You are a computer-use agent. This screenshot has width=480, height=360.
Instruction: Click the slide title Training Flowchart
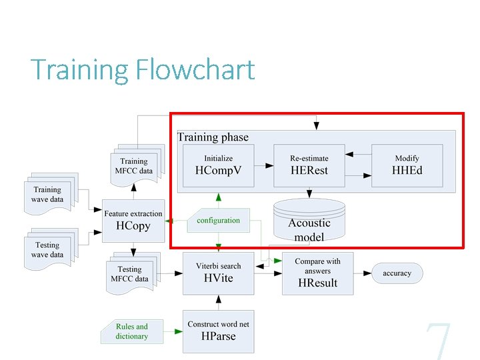click(143, 70)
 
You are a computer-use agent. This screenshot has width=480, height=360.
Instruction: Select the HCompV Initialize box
click(218, 165)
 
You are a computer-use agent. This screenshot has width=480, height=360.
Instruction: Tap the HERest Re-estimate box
click(309, 165)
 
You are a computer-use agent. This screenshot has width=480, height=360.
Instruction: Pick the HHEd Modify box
click(407, 165)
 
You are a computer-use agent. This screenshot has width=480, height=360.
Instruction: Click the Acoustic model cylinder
click(309, 220)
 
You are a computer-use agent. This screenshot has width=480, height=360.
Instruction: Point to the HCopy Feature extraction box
click(133, 220)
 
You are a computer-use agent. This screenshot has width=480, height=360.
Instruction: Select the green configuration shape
click(217, 221)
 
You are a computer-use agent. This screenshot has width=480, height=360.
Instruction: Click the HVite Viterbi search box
click(218, 273)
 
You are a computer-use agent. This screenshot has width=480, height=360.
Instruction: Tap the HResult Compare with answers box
click(317, 273)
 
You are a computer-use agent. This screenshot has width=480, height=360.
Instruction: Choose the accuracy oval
click(397, 273)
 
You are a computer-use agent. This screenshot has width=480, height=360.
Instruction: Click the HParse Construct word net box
click(218, 331)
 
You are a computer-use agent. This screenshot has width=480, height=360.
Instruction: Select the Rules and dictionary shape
click(133, 331)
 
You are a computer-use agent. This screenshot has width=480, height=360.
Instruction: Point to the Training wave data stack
click(49, 193)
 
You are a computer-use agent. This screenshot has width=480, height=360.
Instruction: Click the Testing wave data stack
click(49, 249)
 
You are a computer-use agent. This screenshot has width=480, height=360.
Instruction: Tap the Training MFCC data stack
click(137, 165)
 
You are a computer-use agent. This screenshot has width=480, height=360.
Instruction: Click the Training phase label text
click(213, 137)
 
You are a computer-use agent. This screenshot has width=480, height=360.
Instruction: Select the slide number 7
click(439, 340)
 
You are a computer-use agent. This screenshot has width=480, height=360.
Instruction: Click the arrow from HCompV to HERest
click(263, 165)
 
